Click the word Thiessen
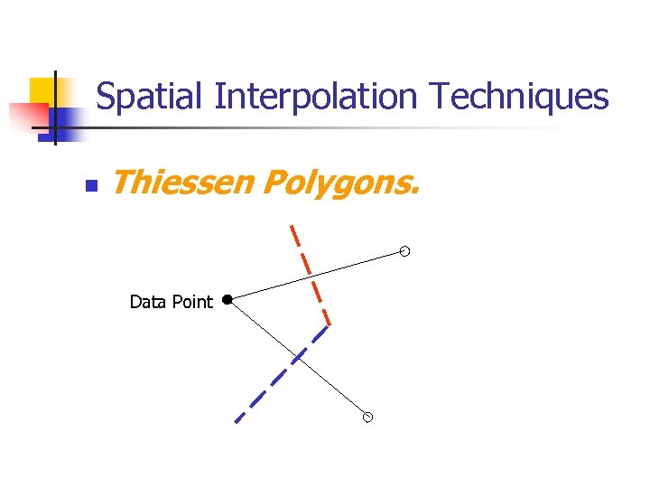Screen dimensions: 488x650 182,183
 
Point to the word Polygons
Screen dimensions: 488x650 340,184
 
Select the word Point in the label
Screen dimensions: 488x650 192,302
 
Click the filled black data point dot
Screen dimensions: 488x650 227,298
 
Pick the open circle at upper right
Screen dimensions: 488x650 405,251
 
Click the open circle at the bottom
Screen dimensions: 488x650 367,418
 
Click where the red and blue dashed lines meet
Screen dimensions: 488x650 329,325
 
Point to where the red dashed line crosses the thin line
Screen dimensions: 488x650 309,277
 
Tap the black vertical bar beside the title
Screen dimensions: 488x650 54,108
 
